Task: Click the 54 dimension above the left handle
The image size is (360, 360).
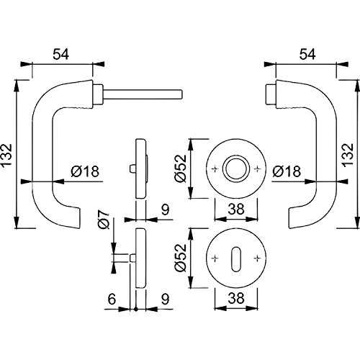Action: tap(61, 54)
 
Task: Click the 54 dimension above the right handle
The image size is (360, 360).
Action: tap(307, 54)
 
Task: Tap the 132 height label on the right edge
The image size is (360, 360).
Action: tap(348, 155)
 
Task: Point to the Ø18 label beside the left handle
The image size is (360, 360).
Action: tap(85, 171)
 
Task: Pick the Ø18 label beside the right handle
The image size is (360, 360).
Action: tap(287, 171)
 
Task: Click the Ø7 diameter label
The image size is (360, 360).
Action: tap(104, 219)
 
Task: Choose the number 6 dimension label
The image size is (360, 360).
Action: tap(112, 299)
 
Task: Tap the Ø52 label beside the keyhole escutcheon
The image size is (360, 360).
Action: tap(181, 258)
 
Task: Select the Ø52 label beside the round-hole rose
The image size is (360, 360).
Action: tap(181, 168)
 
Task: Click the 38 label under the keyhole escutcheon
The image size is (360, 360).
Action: tap(236, 298)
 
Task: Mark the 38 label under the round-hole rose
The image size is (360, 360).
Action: tap(236, 209)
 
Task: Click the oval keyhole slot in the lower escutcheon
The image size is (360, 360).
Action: tap(236, 258)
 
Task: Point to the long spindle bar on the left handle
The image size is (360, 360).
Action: tap(143, 94)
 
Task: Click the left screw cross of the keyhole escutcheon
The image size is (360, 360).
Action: tap(215, 258)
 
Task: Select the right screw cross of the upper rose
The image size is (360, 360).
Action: tap(257, 169)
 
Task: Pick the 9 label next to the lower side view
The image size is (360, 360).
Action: tap(165, 299)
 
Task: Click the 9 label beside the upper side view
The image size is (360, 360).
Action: tap(165, 210)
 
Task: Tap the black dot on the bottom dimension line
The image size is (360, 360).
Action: tap(136, 310)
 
